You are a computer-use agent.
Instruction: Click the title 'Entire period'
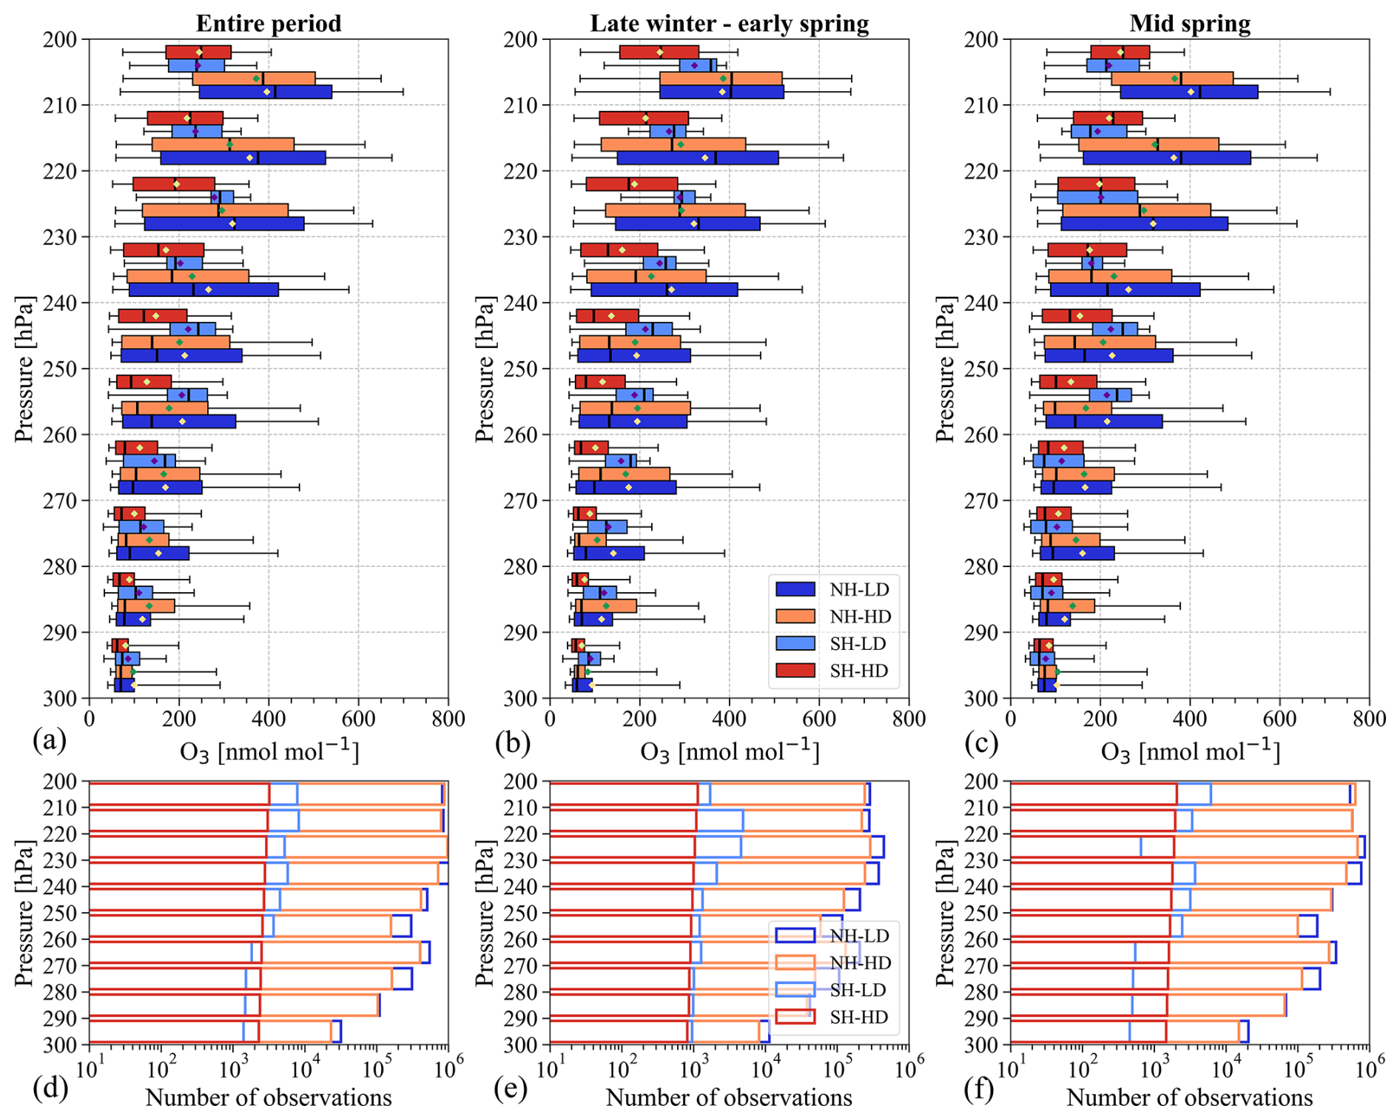269,24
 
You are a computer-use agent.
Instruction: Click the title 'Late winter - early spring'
729,24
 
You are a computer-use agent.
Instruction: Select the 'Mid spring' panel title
1190,24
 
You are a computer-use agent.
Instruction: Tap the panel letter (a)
50,740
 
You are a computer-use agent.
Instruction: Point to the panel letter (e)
511,1087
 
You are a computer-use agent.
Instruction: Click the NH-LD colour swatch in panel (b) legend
795,589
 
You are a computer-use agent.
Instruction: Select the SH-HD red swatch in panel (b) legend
795,671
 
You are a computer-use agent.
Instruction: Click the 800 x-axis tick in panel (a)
448,719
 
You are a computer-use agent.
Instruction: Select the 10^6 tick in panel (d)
448,1067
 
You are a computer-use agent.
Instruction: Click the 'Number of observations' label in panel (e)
729,1097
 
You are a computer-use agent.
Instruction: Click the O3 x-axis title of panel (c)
1190,751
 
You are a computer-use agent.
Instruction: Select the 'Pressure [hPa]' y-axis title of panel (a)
24,369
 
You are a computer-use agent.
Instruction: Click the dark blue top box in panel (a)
266,92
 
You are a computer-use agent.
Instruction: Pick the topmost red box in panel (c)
1120,52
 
